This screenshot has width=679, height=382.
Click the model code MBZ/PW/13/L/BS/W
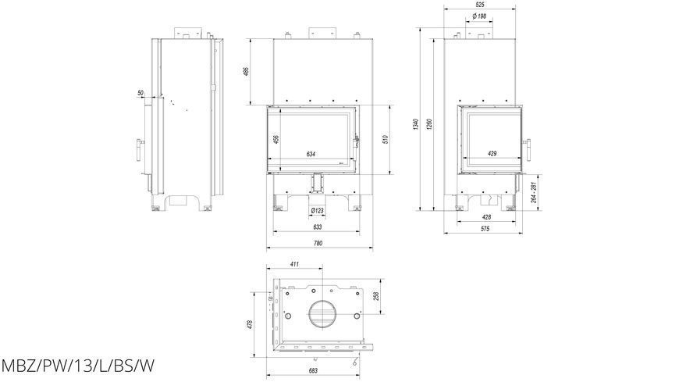pyautogui.click(x=77, y=366)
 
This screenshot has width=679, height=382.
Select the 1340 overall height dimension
pyautogui.click(x=416, y=124)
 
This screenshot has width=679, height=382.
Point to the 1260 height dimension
pyautogui.click(x=429, y=124)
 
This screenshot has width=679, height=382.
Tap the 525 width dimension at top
pyautogui.click(x=479, y=5)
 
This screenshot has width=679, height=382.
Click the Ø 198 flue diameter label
pyautogui.click(x=479, y=16)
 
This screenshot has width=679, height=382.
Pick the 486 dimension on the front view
pyautogui.click(x=247, y=72)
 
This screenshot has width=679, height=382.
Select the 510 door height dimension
pyautogui.click(x=386, y=139)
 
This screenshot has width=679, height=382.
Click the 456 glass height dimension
pyautogui.click(x=276, y=139)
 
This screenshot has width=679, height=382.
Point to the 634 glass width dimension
pyautogui.click(x=311, y=154)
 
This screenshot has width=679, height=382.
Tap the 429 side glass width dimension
pyautogui.click(x=492, y=153)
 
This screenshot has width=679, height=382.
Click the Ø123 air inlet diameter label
pyautogui.click(x=318, y=211)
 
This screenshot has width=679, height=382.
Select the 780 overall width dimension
pyautogui.click(x=318, y=244)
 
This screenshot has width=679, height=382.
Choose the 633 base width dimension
pyautogui.click(x=318, y=227)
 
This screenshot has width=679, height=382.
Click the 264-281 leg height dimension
pyautogui.click(x=534, y=192)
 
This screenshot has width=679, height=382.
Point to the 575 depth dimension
pyautogui.click(x=485, y=229)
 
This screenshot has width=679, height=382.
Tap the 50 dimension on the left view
pyautogui.click(x=140, y=93)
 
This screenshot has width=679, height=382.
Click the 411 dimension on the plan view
pyautogui.click(x=294, y=264)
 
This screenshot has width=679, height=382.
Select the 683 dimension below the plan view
pyautogui.click(x=313, y=371)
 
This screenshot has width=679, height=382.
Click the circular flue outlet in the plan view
pyautogui.click(x=322, y=314)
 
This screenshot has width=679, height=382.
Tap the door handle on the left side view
pyautogui.click(x=140, y=149)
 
